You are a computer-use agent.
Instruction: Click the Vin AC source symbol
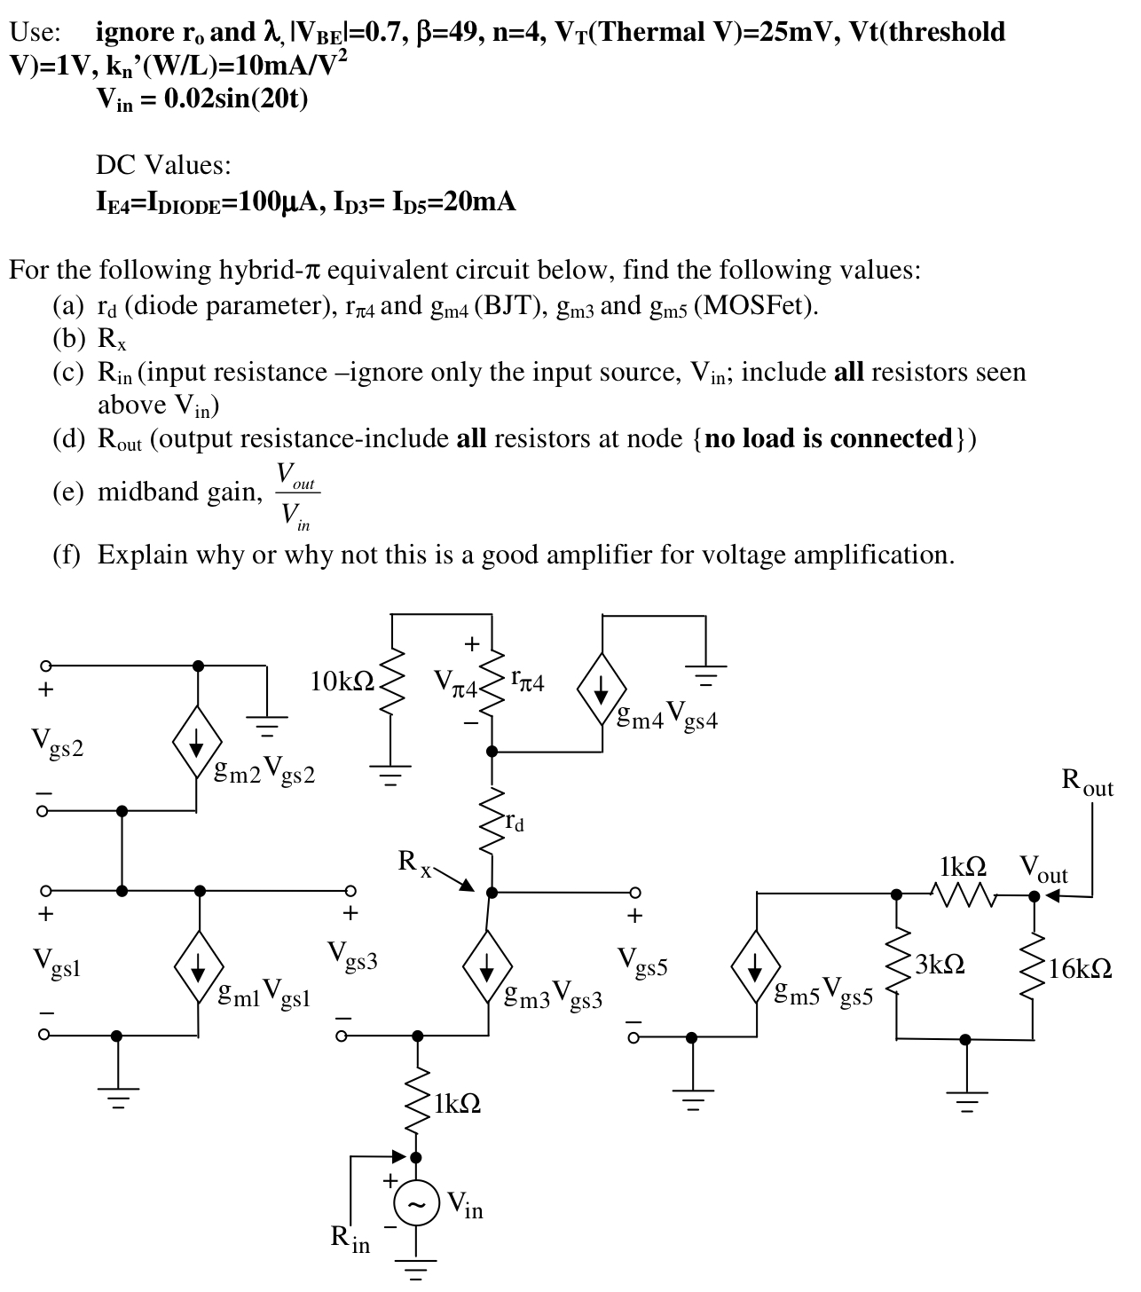[x=416, y=1204]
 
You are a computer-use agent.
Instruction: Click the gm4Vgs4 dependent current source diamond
[x=602, y=689]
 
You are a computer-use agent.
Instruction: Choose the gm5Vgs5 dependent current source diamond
[x=756, y=965]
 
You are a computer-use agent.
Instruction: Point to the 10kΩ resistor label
[x=342, y=682]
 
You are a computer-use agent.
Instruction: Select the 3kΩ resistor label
[x=940, y=964]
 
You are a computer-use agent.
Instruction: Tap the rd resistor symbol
[x=491, y=822]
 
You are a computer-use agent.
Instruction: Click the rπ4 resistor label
[x=528, y=681]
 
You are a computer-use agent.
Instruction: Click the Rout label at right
[x=1087, y=783]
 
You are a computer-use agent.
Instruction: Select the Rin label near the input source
[x=350, y=1238]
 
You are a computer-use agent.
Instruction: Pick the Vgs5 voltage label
[x=643, y=959]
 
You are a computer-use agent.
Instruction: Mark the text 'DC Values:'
[x=163, y=165]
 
